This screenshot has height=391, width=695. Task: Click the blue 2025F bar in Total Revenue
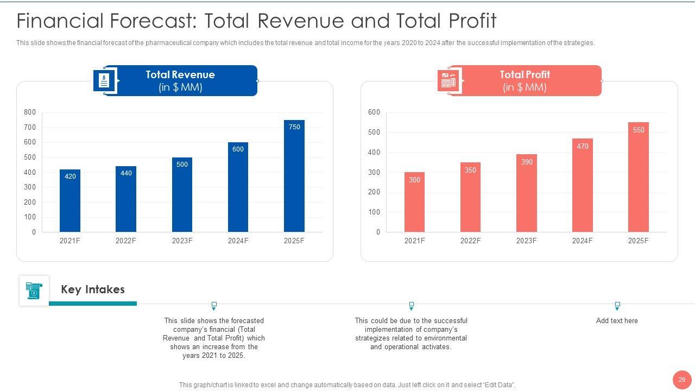pyautogui.click(x=294, y=176)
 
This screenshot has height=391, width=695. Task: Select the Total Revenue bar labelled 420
pyautogui.click(x=70, y=201)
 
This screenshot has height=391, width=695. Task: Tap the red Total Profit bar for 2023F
pyautogui.click(x=526, y=193)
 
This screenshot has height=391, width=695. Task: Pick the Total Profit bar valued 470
pyautogui.click(x=582, y=185)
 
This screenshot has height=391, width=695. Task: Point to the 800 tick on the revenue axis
pyautogui.click(x=30, y=112)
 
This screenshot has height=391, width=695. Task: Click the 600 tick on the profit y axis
pyautogui.click(x=375, y=112)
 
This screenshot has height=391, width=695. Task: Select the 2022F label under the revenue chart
pyautogui.click(x=126, y=241)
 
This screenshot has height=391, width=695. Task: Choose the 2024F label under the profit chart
pyautogui.click(x=582, y=241)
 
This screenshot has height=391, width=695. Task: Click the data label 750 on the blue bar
pyautogui.click(x=294, y=127)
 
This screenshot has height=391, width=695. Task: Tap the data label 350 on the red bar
pyautogui.click(x=470, y=170)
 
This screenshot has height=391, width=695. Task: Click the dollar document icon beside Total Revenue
pyautogui.click(x=104, y=80)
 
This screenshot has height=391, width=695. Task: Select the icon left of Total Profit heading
pyautogui.click(x=448, y=80)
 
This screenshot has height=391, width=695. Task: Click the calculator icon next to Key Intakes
pyautogui.click(x=34, y=291)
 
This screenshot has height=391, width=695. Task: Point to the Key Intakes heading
pyautogui.click(x=93, y=289)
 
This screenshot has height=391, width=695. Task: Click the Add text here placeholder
pyautogui.click(x=617, y=320)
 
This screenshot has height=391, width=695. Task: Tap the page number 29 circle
pyautogui.click(x=681, y=380)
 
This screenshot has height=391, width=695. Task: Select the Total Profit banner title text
pyautogui.click(x=525, y=74)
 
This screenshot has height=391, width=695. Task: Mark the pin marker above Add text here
pyautogui.click(x=617, y=306)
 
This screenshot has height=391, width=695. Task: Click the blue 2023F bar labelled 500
pyautogui.click(x=182, y=195)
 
